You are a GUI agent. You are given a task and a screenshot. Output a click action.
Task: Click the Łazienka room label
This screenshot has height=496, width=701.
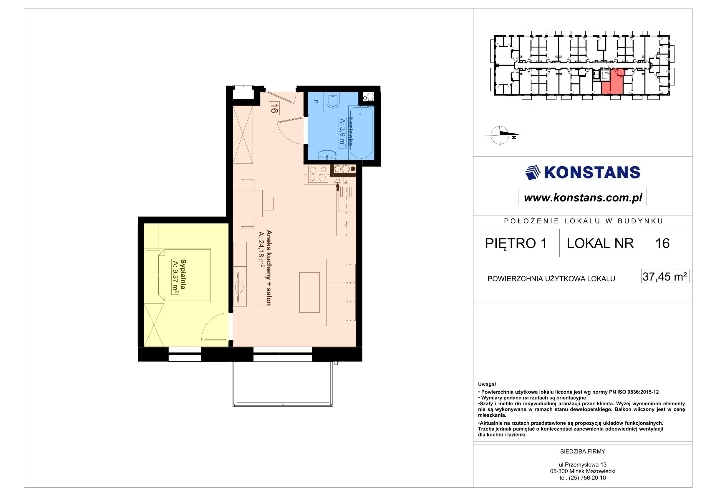pyautogui.click(x=350, y=131)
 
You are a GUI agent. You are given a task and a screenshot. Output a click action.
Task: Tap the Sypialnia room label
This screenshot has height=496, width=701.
pyautogui.click(x=183, y=274)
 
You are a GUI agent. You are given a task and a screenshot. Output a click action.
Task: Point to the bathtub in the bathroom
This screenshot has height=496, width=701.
pyautogui.click(x=361, y=132)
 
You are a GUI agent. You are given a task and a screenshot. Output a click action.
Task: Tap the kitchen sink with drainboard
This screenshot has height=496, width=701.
pyautogui.click(x=346, y=198)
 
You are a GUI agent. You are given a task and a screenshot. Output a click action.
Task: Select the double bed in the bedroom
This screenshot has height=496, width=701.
pyautogui.click(x=184, y=275)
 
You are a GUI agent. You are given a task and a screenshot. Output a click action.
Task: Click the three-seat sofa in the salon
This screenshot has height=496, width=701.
pyautogui.click(x=341, y=292)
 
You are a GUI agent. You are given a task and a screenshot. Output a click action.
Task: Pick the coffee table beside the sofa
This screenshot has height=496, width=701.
pyautogui.click(x=309, y=292)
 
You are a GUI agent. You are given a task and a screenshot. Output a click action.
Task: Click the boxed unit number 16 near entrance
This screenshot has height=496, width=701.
pyautogui.click(x=274, y=108)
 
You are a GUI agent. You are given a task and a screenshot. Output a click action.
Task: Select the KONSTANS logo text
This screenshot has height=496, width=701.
pyautogui.click(x=592, y=172)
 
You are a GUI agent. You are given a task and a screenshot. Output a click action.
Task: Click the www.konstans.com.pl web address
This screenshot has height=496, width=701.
pyautogui.click(x=583, y=198)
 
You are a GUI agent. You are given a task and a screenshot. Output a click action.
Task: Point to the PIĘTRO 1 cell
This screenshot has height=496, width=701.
pyautogui.click(x=516, y=243)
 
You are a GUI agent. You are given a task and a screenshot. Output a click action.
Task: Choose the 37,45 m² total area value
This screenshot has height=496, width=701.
pyautogui.click(x=665, y=276)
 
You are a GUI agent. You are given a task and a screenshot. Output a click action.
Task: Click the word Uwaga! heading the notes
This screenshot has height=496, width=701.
pyautogui.click(x=487, y=385)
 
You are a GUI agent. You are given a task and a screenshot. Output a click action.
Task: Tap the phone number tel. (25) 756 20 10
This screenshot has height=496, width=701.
pyautogui.click(x=583, y=478)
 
